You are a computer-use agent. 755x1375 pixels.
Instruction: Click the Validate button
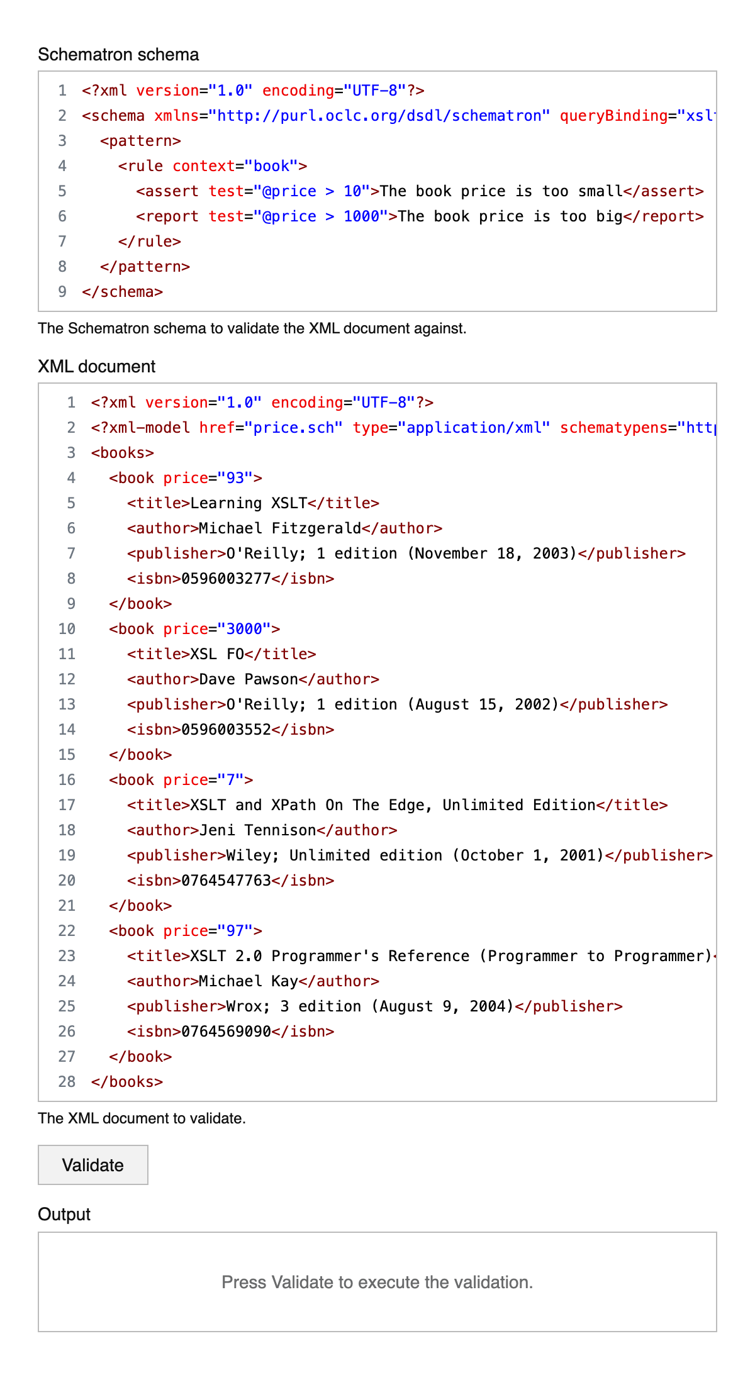[x=93, y=1165]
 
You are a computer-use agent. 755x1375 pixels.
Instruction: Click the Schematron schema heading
[x=118, y=55]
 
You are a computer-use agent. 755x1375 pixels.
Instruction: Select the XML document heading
[x=96, y=367]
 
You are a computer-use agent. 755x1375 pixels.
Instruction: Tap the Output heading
[x=64, y=1215]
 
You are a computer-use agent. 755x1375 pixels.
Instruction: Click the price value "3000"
[x=244, y=629]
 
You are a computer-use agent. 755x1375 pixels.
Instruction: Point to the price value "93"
[x=235, y=478]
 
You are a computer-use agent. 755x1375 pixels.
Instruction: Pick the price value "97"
[x=235, y=931]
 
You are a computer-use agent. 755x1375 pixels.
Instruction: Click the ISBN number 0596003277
[x=226, y=579]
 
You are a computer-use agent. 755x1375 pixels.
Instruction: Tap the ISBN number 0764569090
[x=226, y=1032]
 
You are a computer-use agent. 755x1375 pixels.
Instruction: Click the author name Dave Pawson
[x=249, y=679]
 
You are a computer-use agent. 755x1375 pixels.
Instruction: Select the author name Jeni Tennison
[x=257, y=830]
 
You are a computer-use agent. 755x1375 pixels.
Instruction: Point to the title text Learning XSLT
[x=249, y=503]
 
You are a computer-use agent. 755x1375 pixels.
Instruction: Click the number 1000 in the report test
[x=361, y=216]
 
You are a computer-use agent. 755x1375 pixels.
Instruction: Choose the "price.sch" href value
[x=294, y=428]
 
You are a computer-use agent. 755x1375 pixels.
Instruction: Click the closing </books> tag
[x=127, y=1082]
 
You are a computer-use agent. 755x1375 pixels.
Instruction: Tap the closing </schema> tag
[x=123, y=292]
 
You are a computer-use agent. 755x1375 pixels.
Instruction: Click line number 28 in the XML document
[x=67, y=1082]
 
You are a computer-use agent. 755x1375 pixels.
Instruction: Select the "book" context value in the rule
[x=271, y=166]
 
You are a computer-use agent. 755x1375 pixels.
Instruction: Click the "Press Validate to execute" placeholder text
[x=377, y=1282]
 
